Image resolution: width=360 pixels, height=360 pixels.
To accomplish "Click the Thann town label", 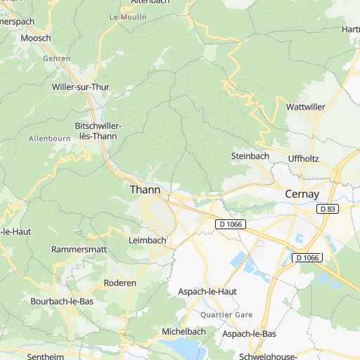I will tap(145, 190).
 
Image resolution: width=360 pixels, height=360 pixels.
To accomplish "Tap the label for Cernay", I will tap(302, 193).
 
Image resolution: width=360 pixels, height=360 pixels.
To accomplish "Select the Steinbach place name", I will tap(250, 156).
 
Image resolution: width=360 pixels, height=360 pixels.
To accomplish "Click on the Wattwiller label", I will tap(306, 107).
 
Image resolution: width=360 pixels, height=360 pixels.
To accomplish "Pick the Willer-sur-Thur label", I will tap(81, 86).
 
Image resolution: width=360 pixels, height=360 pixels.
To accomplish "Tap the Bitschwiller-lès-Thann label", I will tap(98, 130).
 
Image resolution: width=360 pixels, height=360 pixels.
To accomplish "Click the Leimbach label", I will tap(148, 240).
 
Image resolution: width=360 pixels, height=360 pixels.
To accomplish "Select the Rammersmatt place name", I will tap(78, 250).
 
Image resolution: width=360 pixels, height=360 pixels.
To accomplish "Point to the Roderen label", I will tap(120, 283).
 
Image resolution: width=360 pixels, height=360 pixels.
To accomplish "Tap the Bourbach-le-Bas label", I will tap(62, 301).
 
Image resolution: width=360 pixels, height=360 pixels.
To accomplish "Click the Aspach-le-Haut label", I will tap(207, 291).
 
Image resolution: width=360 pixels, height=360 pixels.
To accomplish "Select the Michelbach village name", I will tap(184, 331).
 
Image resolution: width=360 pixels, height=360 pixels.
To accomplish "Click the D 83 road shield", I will tap(327, 209).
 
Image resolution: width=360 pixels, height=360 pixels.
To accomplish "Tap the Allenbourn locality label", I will tap(49, 139).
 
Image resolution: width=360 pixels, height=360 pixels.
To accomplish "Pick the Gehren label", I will tap(57, 59).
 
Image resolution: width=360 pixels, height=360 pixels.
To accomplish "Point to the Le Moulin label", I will tap(128, 15).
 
